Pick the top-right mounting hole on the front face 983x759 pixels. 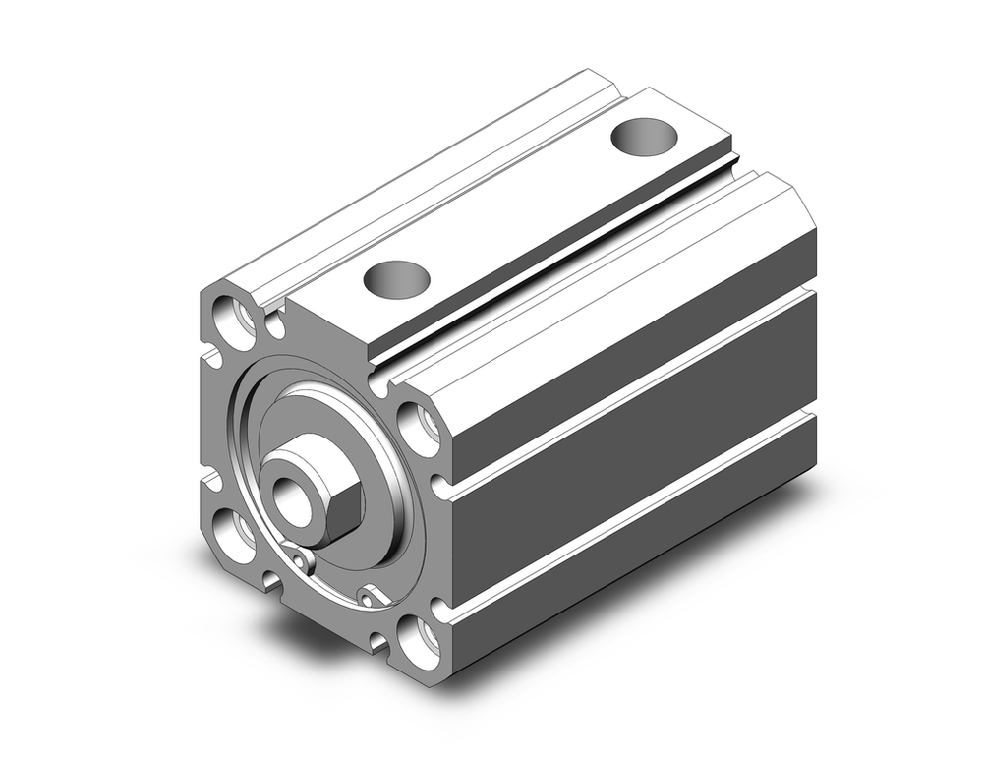pos(420,427)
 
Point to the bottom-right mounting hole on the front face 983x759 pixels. pos(420,642)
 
